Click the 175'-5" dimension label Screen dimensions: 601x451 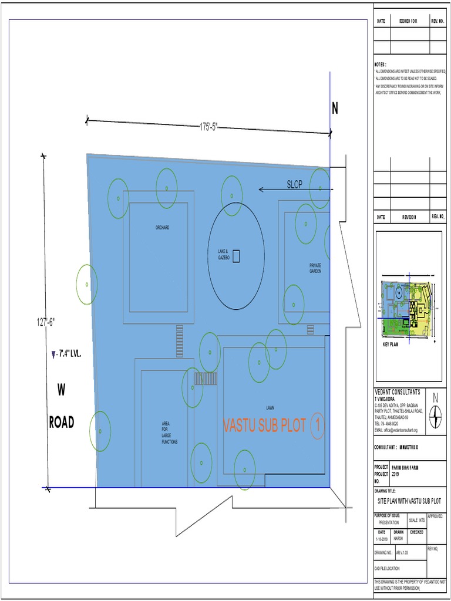(x=208, y=127)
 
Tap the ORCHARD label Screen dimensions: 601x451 (x=162, y=227)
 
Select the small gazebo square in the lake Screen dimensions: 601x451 (x=236, y=255)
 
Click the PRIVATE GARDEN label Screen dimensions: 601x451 (x=315, y=268)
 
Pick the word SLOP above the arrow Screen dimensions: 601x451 (x=295, y=184)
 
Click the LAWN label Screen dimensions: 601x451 (x=270, y=407)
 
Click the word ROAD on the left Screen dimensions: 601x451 (x=61, y=423)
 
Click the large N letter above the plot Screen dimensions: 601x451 (x=335, y=109)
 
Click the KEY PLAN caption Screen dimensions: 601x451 (x=390, y=345)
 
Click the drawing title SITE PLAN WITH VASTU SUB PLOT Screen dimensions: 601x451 (x=409, y=502)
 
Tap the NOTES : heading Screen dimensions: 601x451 (x=381, y=63)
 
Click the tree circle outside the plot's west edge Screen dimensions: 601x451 (x=87, y=284)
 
